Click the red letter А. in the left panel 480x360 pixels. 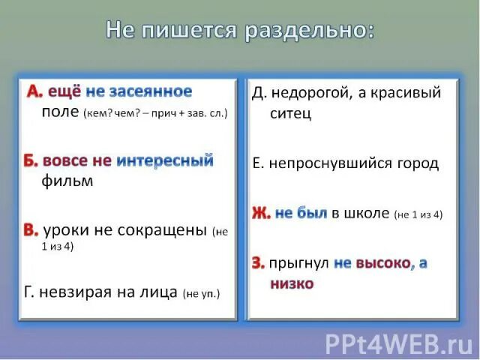click(x=34, y=92)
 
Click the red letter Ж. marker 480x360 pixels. click(x=261, y=214)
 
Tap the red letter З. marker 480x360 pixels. click(x=258, y=263)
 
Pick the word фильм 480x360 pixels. click(x=67, y=181)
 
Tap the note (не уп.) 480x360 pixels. click(x=202, y=293)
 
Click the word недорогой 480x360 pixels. click(x=308, y=93)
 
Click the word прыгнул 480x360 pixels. click(x=299, y=263)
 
